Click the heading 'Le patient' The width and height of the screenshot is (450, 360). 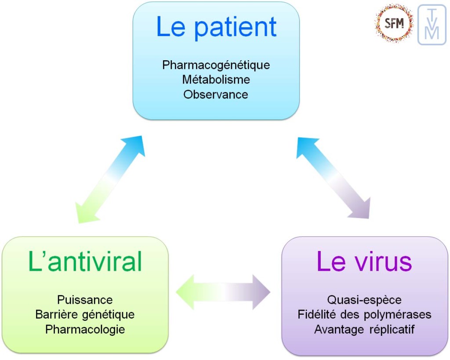pos(216,27)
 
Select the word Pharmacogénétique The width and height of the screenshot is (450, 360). pos(216,65)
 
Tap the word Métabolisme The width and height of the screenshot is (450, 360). pos(216,80)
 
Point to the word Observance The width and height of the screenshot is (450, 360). pos(216,94)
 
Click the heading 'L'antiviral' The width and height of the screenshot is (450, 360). pos(85,262)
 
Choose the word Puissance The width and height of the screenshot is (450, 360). pos(85,300)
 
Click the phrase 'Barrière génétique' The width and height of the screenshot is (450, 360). pos(85,315)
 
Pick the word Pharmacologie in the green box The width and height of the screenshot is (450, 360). pos(85,329)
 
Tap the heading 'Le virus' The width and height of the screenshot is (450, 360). pos(364,262)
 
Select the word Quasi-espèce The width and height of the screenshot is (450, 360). pos(364,300)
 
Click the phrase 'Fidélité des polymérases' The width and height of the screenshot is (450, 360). pos(364,315)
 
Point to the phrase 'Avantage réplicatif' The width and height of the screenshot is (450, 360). pos(364,329)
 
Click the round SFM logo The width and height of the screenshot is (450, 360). pos(394,23)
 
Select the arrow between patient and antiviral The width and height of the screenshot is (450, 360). pos(110,179)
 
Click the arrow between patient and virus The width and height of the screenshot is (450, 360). pos(333,178)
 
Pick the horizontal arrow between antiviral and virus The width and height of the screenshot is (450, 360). pos(223,292)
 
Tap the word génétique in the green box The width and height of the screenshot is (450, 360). pos(112,315)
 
